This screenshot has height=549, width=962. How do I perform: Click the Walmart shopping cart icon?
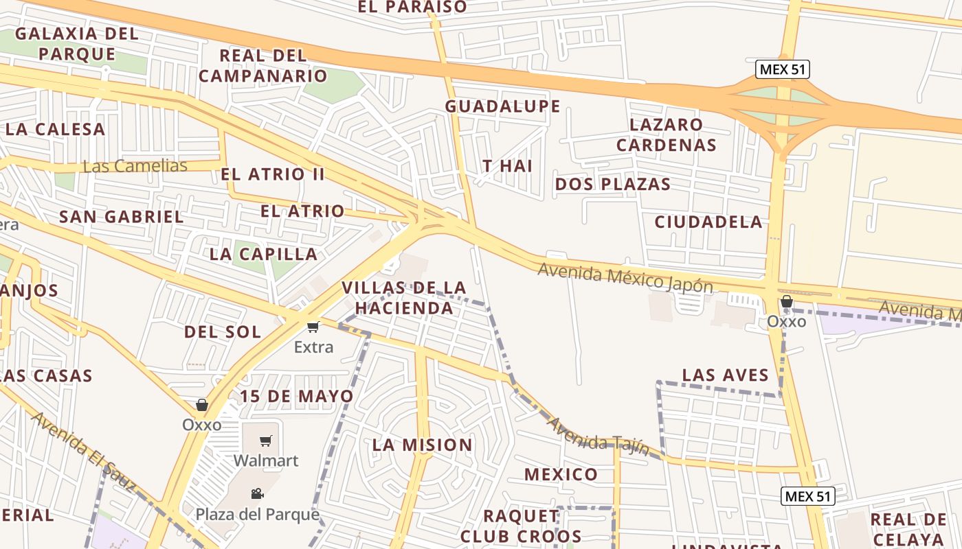[x=266, y=441]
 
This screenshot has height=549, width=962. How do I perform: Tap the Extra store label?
[x=313, y=347]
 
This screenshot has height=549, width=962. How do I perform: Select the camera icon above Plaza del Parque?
[x=257, y=493]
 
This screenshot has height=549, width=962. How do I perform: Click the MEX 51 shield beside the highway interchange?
[x=783, y=69]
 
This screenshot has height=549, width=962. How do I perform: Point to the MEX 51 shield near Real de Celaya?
[x=808, y=496]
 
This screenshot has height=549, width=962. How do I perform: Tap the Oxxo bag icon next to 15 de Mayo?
[x=202, y=405]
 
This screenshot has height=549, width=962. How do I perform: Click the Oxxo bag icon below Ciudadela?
[x=787, y=301]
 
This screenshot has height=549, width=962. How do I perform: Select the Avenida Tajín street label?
[x=597, y=436]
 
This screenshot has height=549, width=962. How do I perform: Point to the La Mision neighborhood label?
[x=422, y=445]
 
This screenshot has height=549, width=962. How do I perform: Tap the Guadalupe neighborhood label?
[x=502, y=106]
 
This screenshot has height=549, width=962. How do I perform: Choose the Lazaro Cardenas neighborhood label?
[x=666, y=135]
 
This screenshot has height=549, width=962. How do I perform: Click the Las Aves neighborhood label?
[x=725, y=375]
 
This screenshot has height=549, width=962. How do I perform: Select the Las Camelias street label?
[x=135, y=166]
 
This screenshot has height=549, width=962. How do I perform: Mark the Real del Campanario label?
[x=262, y=65]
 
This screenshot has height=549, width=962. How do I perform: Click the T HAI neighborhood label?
[x=507, y=166]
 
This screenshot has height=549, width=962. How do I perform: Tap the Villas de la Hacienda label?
[x=403, y=297]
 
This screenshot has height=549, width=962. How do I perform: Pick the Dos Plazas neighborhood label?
[x=612, y=184]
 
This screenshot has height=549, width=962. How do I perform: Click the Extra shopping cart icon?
[x=313, y=327]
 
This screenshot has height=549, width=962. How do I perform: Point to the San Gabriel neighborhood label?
[x=121, y=217]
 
